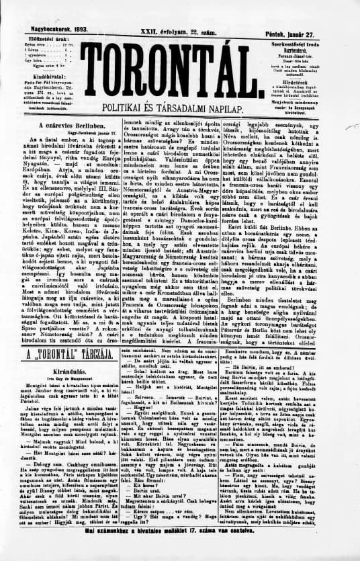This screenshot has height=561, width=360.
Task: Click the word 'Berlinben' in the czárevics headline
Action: [x=82, y=126]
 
